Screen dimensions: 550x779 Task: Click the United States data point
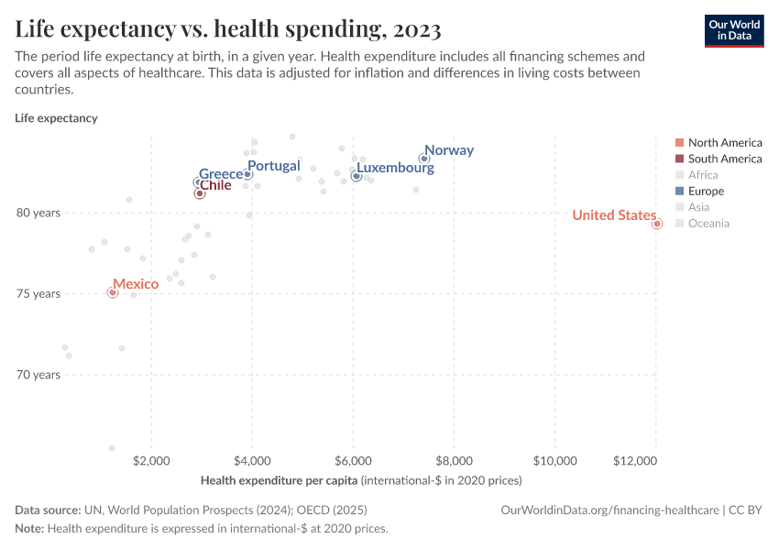(657, 224)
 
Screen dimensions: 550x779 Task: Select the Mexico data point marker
(113, 292)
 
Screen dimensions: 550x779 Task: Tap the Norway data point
(424, 159)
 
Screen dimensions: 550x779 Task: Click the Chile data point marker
(200, 193)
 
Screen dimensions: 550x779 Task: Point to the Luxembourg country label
(395, 169)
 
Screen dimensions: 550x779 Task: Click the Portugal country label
(274, 166)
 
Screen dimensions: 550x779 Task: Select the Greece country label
(221, 174)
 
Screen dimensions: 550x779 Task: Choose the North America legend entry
(724, 142)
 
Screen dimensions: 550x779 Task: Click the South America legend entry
(724, 159)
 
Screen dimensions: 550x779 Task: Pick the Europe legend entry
(706, 192)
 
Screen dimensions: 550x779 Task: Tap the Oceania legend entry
(708, 224)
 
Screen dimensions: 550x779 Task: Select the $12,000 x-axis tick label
(654, 459)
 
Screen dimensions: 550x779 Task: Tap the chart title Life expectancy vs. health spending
(228, 29)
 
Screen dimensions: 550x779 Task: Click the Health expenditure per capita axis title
(279, 479)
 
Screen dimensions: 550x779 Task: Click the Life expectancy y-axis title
(56, 118)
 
